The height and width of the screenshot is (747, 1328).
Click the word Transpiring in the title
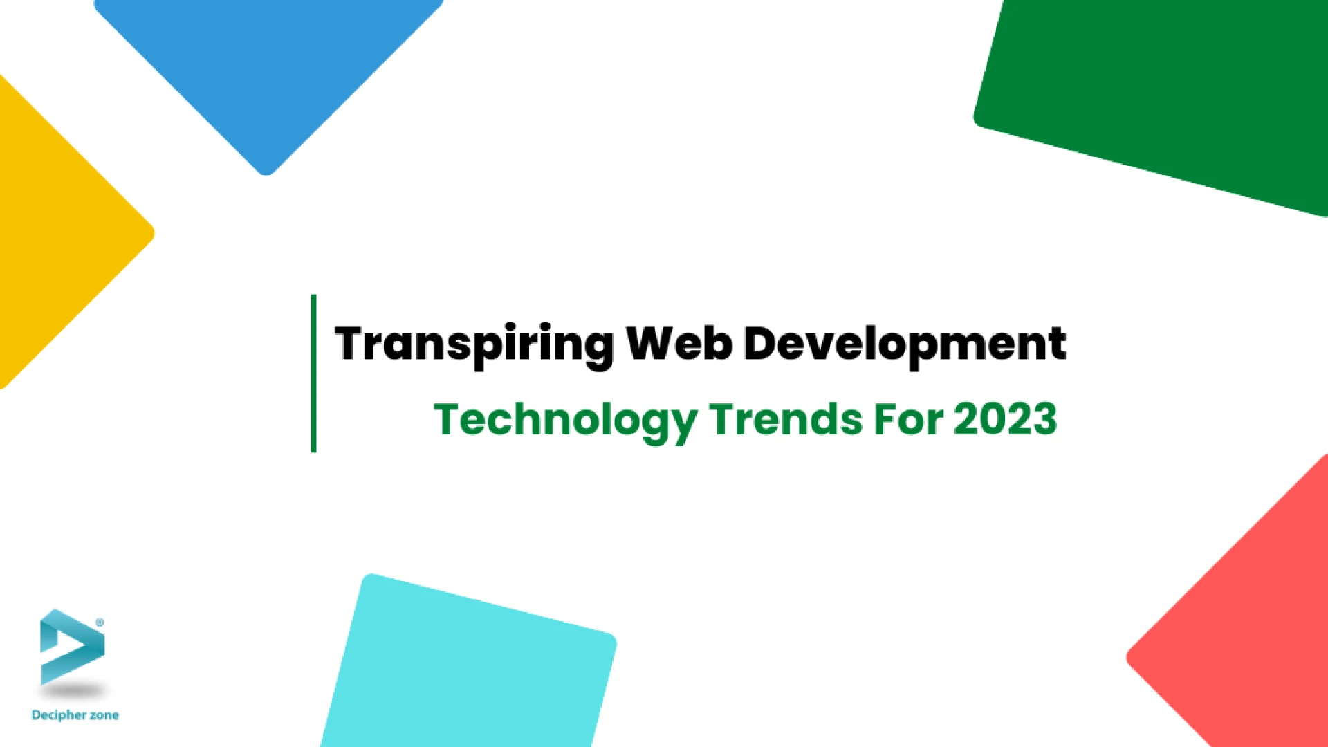pos(474,345)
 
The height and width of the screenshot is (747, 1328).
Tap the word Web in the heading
pos(679,343)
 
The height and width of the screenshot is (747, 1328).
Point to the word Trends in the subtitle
pos(786,419)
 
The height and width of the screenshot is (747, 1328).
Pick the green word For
pos(908,419)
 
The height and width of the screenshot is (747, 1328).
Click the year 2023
pos(1006,419)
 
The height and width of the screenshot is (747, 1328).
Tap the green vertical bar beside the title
pos(314,373)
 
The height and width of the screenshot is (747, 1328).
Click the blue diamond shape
pos(268,76)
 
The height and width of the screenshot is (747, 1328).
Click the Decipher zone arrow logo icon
pos(72,647)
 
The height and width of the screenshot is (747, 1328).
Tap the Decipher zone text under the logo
pos(75,715)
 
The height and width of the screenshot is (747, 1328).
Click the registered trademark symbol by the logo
pos(100,622)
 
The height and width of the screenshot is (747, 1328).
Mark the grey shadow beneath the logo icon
pos(74,690)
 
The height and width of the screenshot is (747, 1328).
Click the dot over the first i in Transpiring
pos(509,326)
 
